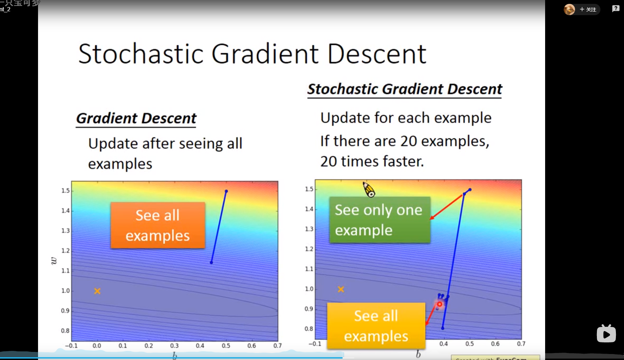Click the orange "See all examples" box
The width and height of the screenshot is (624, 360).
pyautogui.click(x=158, y=225)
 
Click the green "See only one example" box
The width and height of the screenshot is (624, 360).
pyautogui.click(x=380, y=220)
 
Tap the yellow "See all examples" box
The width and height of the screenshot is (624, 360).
pyautogui.click(x=376, y=326)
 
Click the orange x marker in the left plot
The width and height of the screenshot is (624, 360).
pyautogui.click(x=97, y=291)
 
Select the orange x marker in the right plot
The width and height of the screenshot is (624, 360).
pyautogui.click(x=341, y=289)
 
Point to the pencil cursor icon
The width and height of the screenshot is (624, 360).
pyautogui.click(x=369, y=190)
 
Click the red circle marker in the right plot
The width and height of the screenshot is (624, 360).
pyautogui.click(x=439, y=304)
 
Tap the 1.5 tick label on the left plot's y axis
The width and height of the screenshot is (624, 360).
pyautogui.click(x=65, y=191)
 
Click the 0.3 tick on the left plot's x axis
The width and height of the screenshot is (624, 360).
pyautogui.click(x=174, y=346)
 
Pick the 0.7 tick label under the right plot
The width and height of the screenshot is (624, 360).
pyautogui.click(x=521, y=343)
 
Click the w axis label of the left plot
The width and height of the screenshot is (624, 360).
pyautogui.click(x=54, y=261)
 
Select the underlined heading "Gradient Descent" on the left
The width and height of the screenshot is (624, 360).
pyautogui.click(x=136, y=118)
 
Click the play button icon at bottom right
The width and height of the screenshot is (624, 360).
pyautogui.click(x=606, y=334)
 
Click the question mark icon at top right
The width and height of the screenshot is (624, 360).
pyautogui.click(x=616, y=9)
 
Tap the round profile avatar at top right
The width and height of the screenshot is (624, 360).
pyautogui.click(x=569, y=10)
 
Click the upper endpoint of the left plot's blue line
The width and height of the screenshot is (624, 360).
pyautogui.click(x=226, y=191)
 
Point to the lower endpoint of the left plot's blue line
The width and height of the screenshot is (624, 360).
pyautogui.click(x=211, y=262)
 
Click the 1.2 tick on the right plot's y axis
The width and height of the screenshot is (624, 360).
pyautogui.click(x=309, y=249)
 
